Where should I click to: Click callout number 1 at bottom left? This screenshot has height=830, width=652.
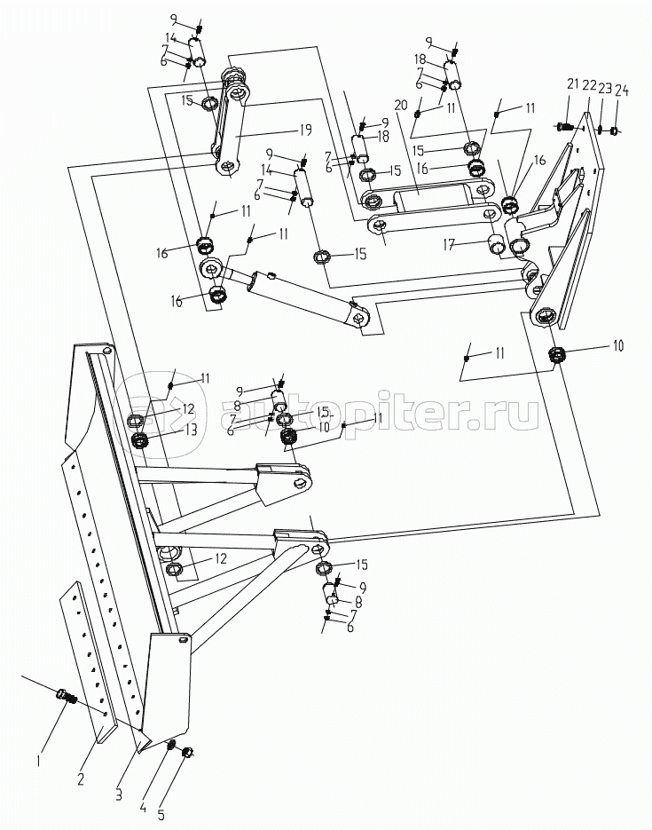[37, 760]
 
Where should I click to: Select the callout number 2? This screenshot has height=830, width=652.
[81, 780]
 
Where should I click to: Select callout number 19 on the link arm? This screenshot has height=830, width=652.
[304, 130]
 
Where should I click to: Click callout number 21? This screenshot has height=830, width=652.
[573, 84]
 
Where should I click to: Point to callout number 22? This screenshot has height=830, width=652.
[588, 85]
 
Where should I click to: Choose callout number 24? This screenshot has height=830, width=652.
[622, 90]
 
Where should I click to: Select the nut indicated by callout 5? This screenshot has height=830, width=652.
[188, 754]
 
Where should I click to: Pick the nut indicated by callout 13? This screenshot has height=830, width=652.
[138, 440]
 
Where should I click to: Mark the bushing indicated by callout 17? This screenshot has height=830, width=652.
[497, 245]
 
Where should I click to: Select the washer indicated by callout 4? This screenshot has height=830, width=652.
[173, 744]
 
